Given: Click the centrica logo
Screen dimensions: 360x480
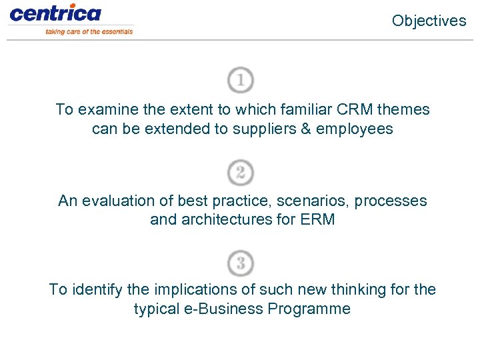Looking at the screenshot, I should pos(55,13).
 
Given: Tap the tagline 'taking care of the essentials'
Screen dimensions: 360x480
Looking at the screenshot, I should pos(89,31).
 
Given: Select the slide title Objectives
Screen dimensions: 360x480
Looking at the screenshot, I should pos(429,21).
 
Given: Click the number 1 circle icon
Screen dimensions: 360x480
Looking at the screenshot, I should pos(240,81).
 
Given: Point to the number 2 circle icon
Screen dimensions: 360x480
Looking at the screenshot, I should pos(240,173).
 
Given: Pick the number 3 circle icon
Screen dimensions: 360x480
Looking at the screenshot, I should pos(240,263).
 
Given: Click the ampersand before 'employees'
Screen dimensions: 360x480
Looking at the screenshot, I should pos(306,129).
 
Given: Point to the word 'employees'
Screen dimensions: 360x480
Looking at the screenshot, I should pos(355,129).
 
